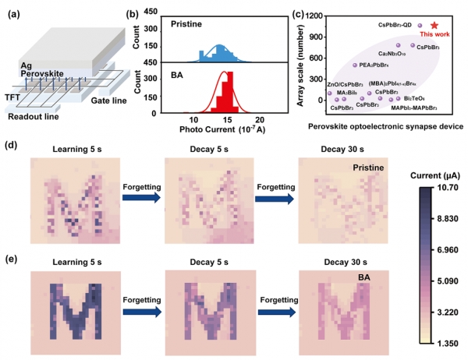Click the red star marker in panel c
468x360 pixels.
[434, 26]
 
